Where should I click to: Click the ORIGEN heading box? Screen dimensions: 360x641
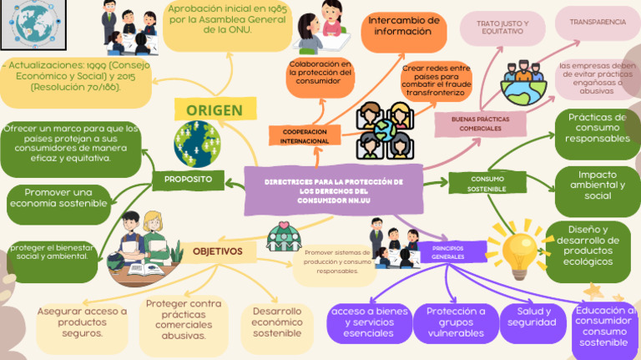214,110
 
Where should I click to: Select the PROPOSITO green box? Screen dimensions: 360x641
188,180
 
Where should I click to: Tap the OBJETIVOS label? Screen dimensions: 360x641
218,251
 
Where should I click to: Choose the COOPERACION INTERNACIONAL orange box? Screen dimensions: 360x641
304,137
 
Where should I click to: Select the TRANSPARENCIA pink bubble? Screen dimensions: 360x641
597,23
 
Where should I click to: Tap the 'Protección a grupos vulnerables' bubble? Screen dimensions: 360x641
456,322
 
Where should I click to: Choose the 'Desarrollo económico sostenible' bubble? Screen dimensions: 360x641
277,322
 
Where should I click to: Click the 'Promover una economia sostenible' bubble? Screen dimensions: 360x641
58,198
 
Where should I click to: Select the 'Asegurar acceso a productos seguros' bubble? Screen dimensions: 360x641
83,322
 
